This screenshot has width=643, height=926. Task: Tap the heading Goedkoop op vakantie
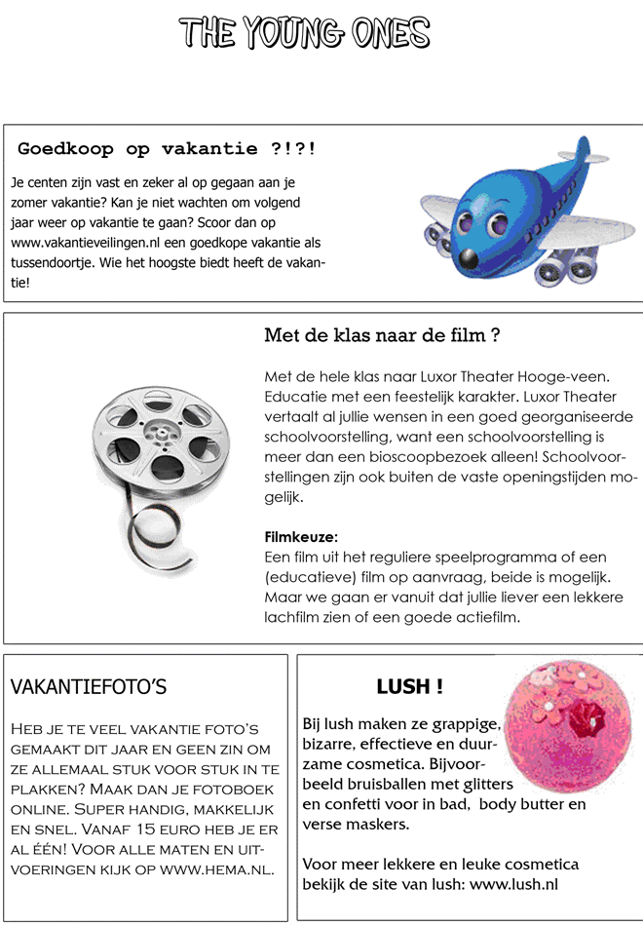[x=167, y=149]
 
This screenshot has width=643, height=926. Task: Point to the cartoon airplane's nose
[x=470, y=258]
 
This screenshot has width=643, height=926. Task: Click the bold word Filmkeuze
[x=302, y=537]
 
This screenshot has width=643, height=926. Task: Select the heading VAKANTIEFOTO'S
[x=88, y=688]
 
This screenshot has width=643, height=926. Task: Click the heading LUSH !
[x=409, y=687]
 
